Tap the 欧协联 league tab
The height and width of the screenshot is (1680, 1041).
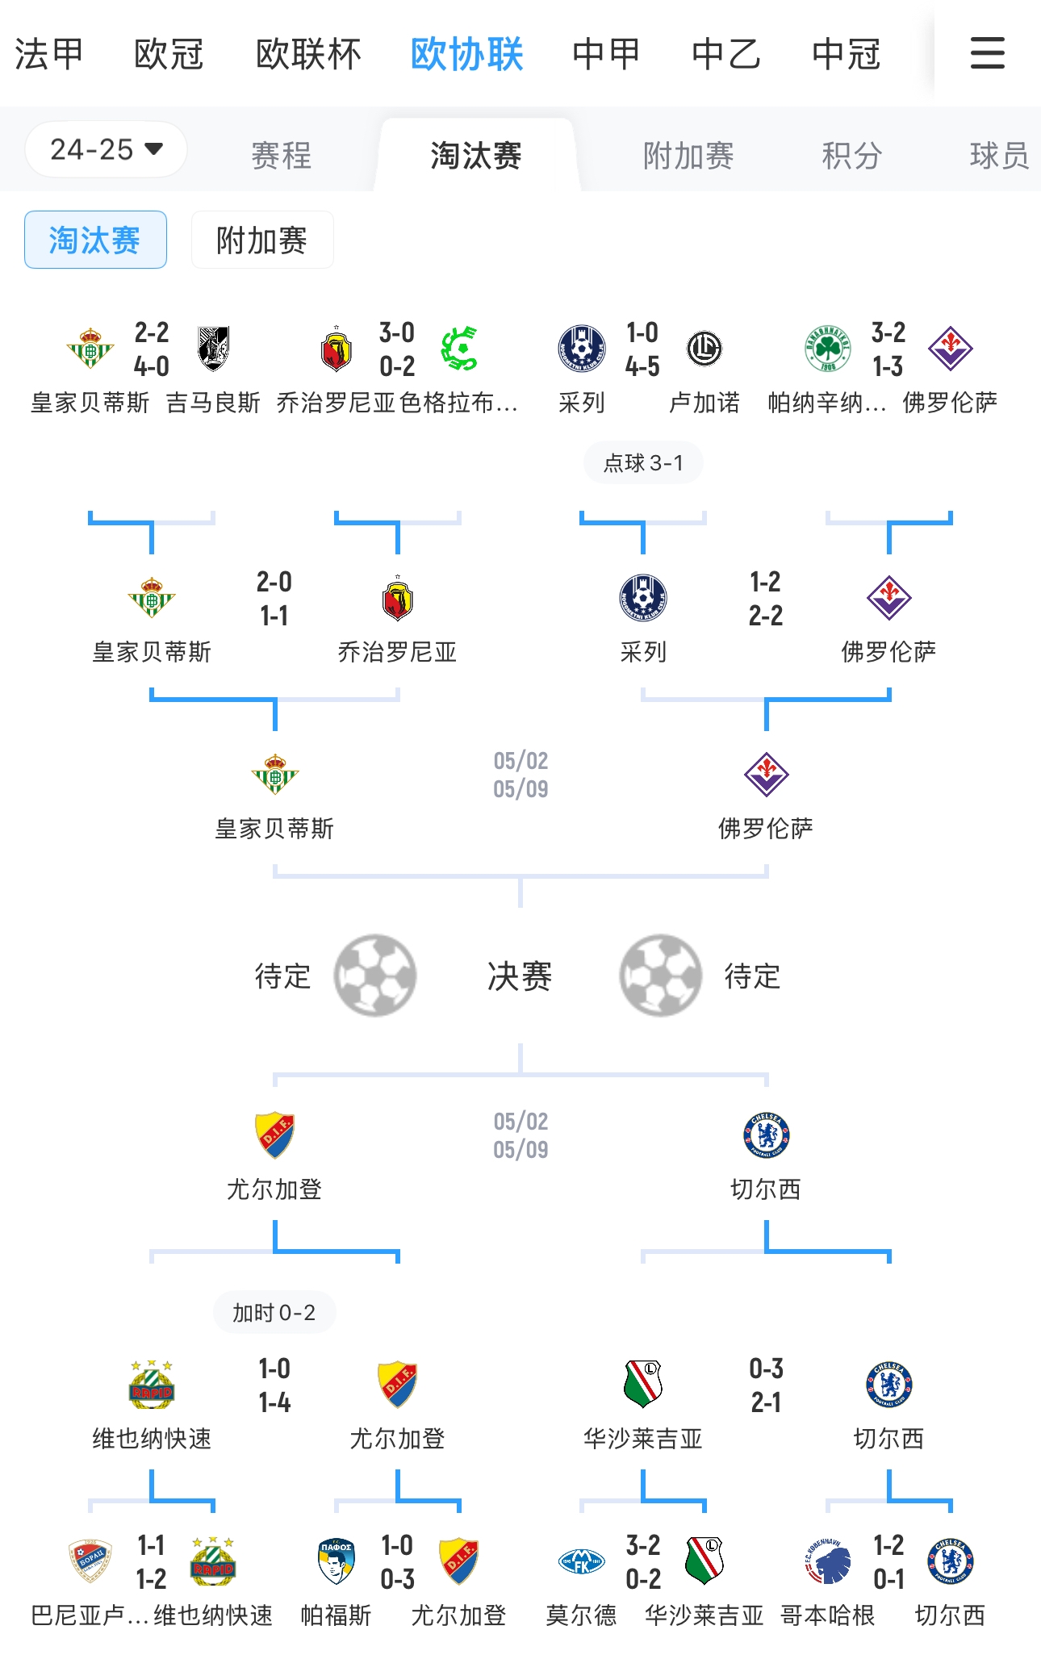(466, 55)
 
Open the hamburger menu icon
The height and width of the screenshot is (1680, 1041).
(987, 53)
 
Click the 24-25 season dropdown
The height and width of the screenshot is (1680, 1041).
(107, 149)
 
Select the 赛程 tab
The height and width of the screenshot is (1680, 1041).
(281, 155)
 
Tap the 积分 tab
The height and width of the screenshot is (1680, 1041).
(851, 155)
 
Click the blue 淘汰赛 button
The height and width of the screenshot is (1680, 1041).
(95, 240)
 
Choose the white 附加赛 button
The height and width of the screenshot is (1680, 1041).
(262, 240)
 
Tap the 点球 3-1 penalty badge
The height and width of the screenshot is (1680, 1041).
(643, 462)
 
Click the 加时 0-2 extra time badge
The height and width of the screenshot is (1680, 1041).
(274, 1313)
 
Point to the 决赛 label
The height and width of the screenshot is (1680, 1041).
(520, 976)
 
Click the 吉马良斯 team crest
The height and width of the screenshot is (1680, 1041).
(214, 349)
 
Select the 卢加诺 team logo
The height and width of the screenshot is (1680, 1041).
(704, 349)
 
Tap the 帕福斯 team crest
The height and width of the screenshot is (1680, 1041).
(337, 1561)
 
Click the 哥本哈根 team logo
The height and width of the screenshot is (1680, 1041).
(828, 1561)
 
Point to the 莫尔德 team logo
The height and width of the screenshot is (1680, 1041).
(582, 1561)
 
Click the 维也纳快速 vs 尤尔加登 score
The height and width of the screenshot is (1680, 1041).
(274, 1385)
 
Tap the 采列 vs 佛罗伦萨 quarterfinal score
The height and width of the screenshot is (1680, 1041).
(766, 599)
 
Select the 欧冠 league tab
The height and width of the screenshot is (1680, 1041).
(169, 55)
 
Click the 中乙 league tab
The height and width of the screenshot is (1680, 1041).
(726, 55)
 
